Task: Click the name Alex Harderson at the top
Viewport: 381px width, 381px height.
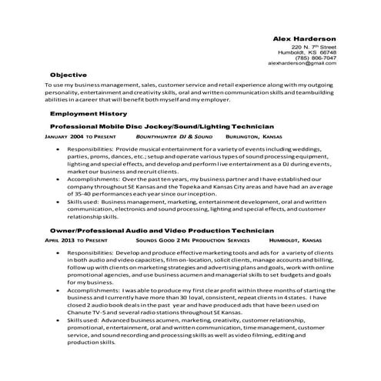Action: (x=306, y=37)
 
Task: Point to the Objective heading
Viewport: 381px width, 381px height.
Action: (x=68, y=74)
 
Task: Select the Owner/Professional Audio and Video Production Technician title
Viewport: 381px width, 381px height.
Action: (x=161, y=230)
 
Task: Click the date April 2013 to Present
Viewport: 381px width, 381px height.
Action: (x=76, y=240)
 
